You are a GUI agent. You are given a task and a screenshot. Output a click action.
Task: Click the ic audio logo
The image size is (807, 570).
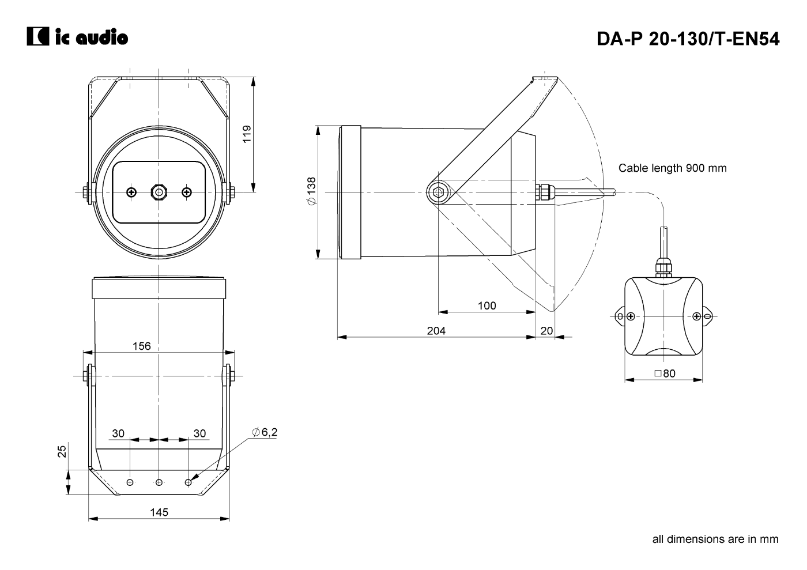[77, 36]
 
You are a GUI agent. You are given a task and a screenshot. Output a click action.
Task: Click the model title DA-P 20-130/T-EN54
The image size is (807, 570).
[688, 39]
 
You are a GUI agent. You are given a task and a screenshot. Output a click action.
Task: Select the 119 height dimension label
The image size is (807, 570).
[247, 134]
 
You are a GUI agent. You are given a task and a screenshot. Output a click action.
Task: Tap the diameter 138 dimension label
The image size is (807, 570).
[312, 191]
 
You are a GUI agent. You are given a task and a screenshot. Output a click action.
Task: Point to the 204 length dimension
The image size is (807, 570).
[436, 331]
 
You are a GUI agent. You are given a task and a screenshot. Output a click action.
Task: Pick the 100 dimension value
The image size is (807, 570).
[487, 305]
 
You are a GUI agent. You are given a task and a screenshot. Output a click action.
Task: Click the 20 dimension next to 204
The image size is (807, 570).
[546, 331]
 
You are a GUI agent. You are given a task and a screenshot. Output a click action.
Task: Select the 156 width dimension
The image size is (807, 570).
[142, 346]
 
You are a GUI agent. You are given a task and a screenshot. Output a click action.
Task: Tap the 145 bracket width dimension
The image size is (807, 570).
[159, 512]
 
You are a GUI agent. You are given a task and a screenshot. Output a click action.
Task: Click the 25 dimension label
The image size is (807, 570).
[62, 451]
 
